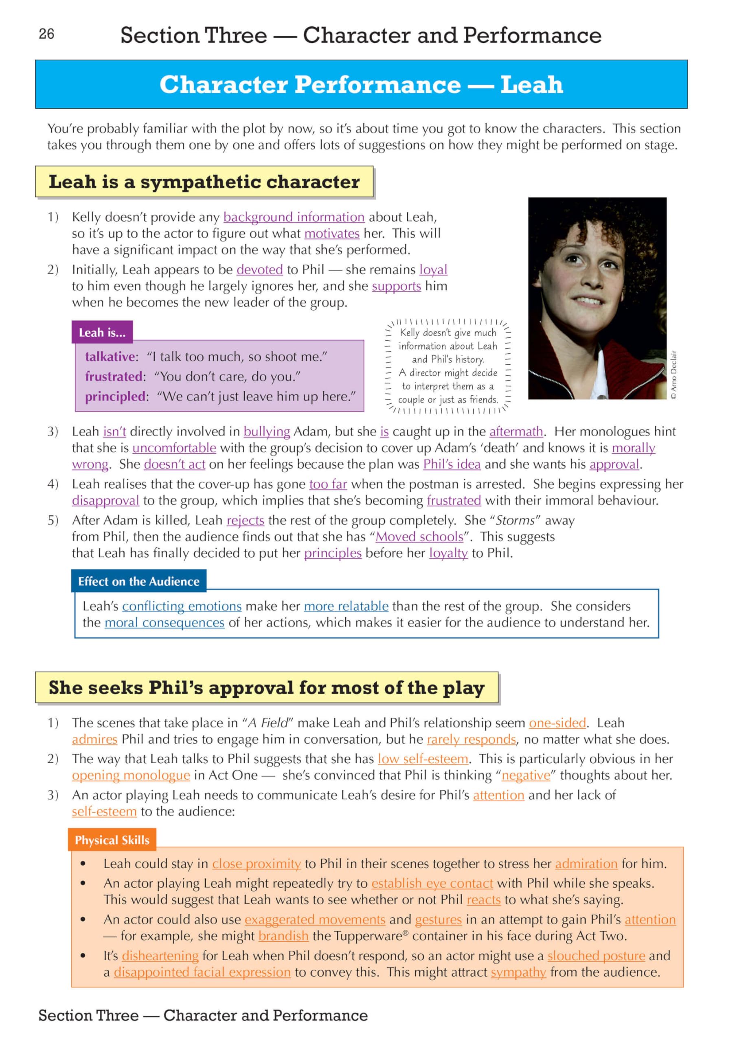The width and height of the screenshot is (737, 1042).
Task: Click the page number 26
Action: tap(46, 34)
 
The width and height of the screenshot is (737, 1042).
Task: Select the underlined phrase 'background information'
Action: tap(294, 217)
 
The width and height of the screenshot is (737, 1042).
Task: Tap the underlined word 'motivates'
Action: tap(331, 234)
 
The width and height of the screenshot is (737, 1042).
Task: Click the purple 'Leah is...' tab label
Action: tap(102, 333)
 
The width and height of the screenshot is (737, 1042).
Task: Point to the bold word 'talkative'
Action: tap(110, 357)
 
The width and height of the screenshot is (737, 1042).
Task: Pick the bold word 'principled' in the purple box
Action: tap(115, 396)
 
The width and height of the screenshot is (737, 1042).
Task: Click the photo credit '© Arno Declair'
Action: tap(673, 374)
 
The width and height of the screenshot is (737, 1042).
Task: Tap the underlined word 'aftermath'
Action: tap(516, 431)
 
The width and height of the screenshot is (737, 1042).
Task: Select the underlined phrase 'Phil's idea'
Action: tap(452, 464)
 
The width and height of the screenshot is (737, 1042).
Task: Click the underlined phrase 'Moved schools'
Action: tap(419, 537)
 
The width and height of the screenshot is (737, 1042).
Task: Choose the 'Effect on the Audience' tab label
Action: tap(138, 582)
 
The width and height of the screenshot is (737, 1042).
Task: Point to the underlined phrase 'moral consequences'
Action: tap(165, 623)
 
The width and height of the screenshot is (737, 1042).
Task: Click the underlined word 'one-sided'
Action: tap(557, 723)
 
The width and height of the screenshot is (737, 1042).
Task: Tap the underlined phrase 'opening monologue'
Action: tap(131, 776)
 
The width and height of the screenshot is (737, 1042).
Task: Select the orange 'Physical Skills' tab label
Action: tap(112, 841)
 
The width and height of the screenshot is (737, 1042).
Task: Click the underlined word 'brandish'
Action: tap(283, 936)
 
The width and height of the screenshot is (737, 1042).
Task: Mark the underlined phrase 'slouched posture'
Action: tap(596, 956)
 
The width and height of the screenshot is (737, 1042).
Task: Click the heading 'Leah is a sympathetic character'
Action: tap(204, 182)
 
